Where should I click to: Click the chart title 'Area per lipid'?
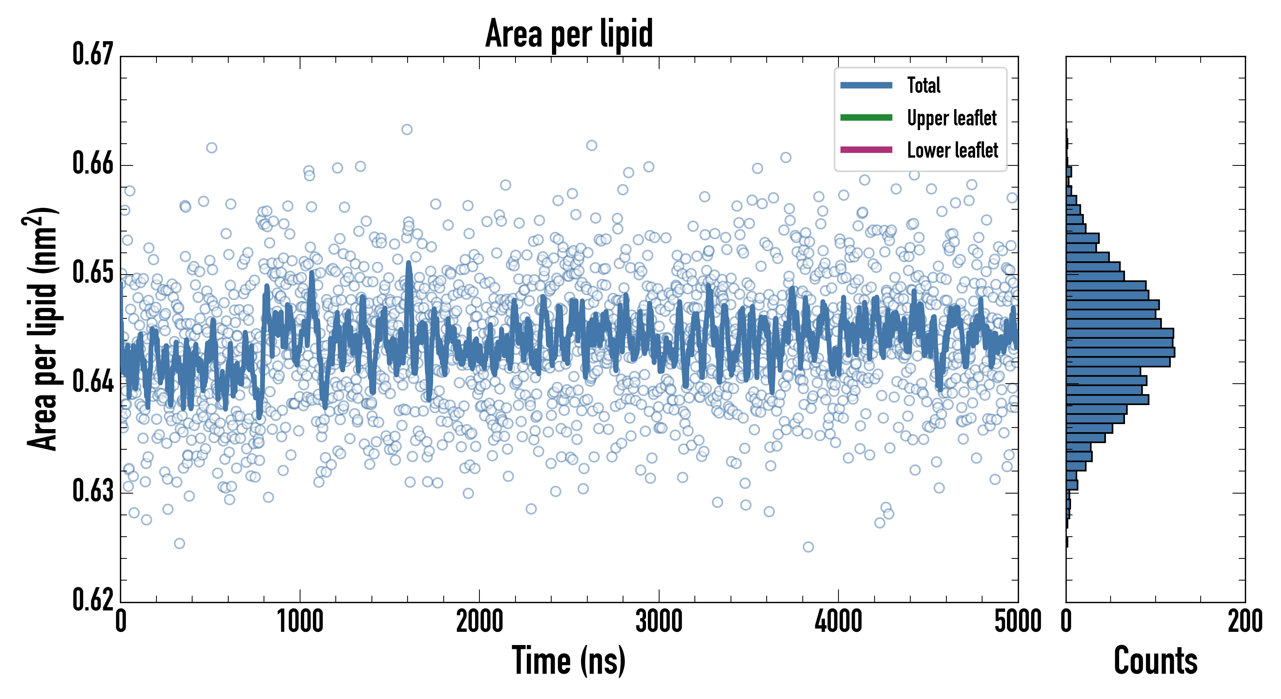[569, 34]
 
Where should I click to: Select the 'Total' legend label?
[923, 85]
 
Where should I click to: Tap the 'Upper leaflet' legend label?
[951, 118]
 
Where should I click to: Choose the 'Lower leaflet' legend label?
[952, 150]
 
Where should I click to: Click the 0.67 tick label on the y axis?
[93, 54]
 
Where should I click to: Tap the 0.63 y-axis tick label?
[93, 491]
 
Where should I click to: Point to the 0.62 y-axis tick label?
[93, 600]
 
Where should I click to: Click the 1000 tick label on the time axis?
[300, 622]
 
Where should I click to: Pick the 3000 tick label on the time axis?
[659, 622]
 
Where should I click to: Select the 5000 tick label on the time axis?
[1017, 622]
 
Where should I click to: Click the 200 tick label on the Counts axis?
[1245, 622]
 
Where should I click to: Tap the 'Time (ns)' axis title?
[569, 661]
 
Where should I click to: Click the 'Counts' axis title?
[1155, 661]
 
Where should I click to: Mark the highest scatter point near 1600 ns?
[407, 130]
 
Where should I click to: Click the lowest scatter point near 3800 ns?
[808, 547]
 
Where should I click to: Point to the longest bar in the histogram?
[1120, 352]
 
